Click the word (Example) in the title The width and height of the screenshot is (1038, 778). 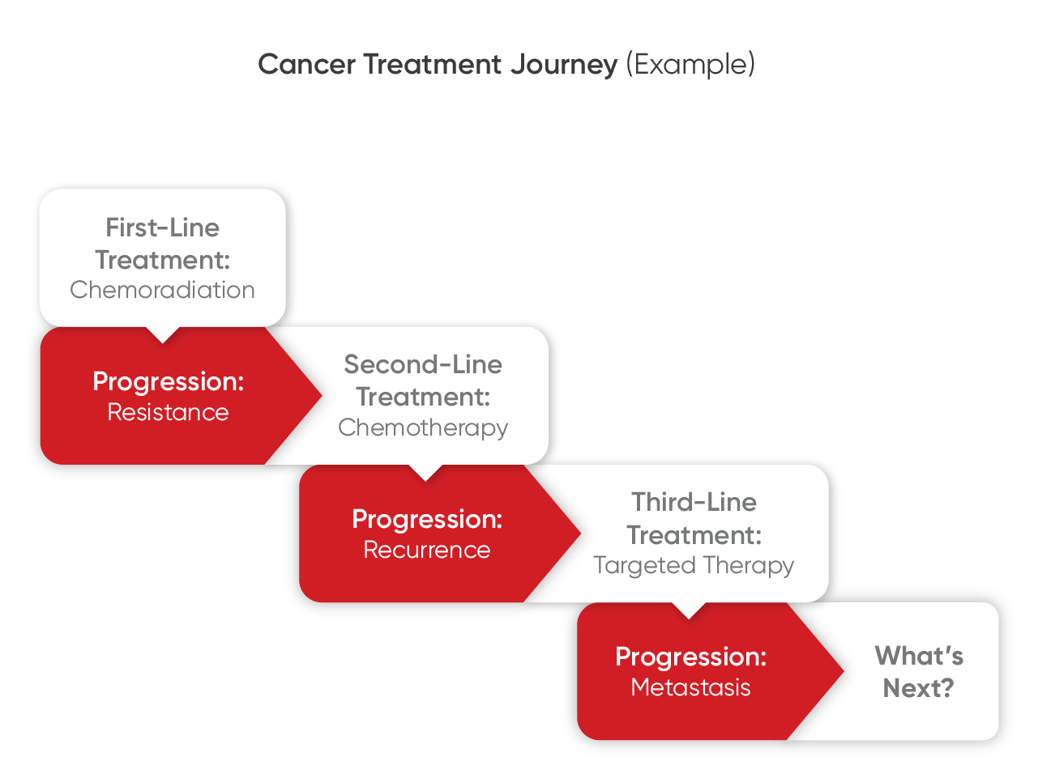point(690,64)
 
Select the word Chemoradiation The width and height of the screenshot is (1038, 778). point(162,290)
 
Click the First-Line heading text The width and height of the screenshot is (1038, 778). point(162,227)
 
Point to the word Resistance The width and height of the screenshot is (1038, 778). point(168,412)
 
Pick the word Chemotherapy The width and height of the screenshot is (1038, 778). point(423,427)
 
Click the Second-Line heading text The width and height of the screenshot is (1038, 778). point(423,364)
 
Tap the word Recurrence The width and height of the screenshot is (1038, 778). point(426,550)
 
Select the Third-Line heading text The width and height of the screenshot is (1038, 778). point(694,502)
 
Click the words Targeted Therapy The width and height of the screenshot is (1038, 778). point(694,565)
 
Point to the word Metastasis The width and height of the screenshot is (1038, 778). point(690,687)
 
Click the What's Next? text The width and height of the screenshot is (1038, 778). point(919,672)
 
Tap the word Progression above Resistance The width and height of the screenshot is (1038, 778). point(168,381)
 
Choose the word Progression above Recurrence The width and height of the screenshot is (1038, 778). point(427,519)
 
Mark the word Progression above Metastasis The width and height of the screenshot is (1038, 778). point(690,657)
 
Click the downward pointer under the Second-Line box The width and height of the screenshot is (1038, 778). point(425,473)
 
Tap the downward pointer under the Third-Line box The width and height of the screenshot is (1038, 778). point(689,610)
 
